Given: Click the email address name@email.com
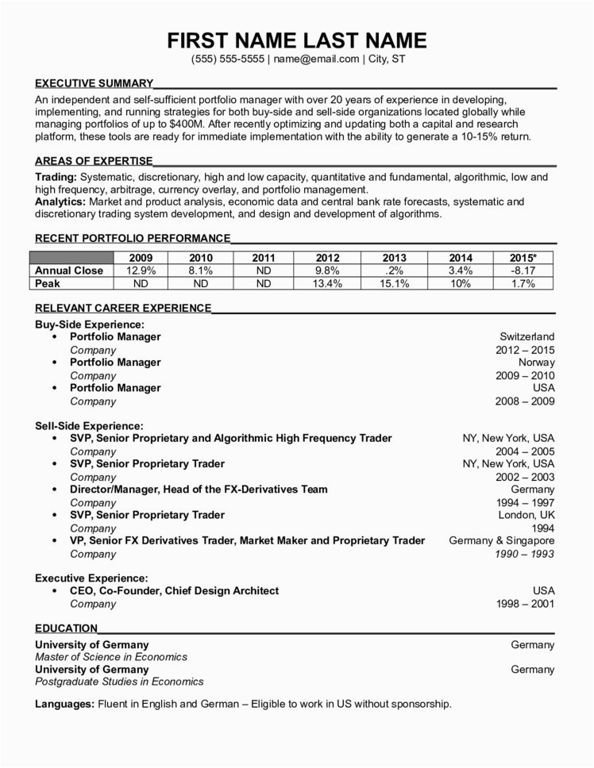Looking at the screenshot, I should tap(316, 59).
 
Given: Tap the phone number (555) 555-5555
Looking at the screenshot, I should tap(228, 59).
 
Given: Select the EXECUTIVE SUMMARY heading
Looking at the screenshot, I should tap(94, 83).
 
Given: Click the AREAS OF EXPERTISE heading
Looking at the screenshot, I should tap(93, 160).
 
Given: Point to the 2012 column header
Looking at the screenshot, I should tap(327, 258).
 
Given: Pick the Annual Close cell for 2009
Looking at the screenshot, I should tap(141, 271).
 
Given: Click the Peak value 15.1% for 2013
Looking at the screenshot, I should tap(394, 283).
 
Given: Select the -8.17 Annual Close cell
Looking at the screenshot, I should tap(523, 271).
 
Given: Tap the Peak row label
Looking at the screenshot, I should tap(48, 283).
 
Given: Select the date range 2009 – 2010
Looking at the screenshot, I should tap(525, 375).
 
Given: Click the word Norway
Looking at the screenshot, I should tap(537, 363).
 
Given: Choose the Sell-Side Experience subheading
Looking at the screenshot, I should tap(89, 426).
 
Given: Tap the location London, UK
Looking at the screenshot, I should tap(527, 515).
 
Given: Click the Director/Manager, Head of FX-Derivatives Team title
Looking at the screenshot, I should tap(199, 490).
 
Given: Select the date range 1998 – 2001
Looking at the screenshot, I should tap(525, 604).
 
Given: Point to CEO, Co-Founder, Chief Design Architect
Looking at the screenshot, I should tap(174, 591).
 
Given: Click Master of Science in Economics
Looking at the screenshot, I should tap(111, 657).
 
